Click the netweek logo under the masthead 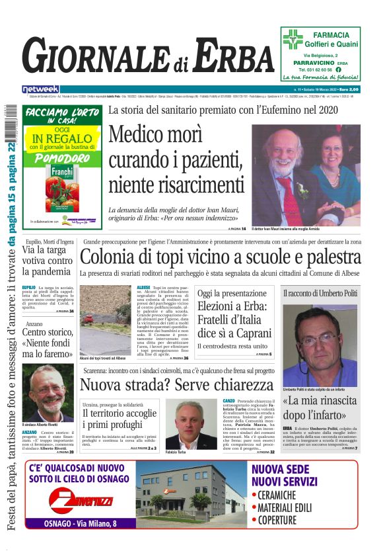[40, 89]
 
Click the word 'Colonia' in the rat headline [112, 257]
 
